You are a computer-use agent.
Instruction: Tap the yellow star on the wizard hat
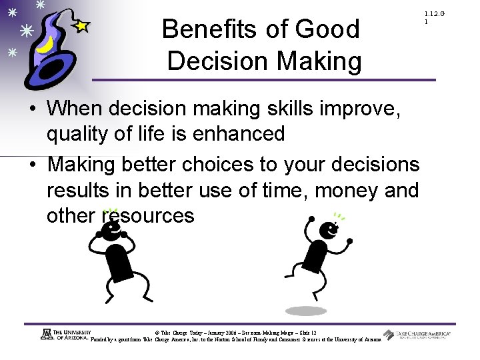[x=81, y=26]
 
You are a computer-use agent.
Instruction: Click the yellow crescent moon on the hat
[x=45, y=48]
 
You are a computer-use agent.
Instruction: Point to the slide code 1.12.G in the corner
[x=433, y=14]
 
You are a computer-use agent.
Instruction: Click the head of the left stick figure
[x=111, y=229]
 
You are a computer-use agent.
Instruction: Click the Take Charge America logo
[x=417, y=335]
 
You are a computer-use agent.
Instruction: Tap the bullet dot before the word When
[x=34, y=109]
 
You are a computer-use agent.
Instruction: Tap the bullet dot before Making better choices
[x=34, y=165]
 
